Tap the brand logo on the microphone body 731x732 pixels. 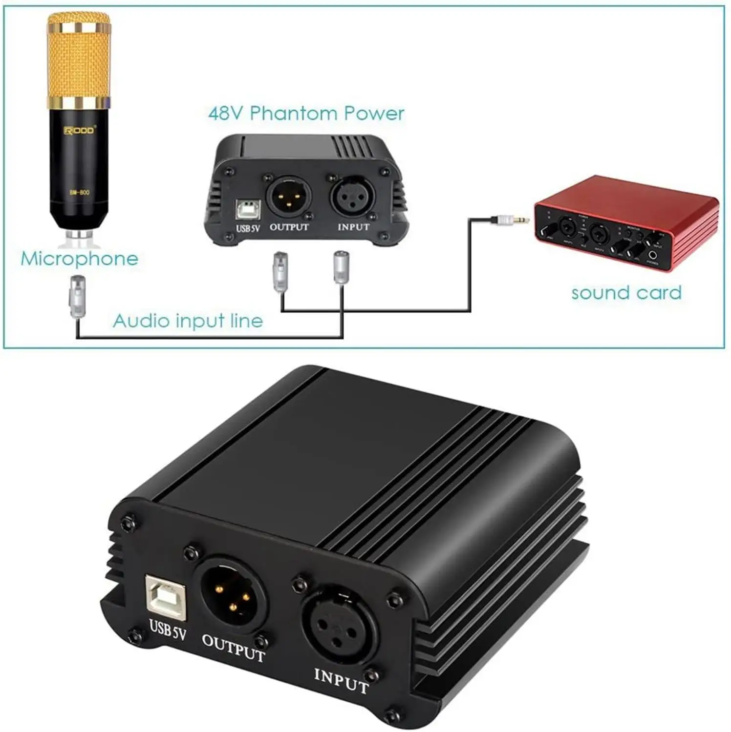80,130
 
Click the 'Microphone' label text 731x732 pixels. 80,259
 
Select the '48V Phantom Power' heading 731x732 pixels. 306,113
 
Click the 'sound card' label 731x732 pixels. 626,293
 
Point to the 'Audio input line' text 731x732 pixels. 188,321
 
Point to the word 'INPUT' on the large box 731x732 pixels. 341,681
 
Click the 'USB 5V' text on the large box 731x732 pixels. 168,630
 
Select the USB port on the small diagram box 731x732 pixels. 248,209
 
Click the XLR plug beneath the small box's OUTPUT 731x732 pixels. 280,271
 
